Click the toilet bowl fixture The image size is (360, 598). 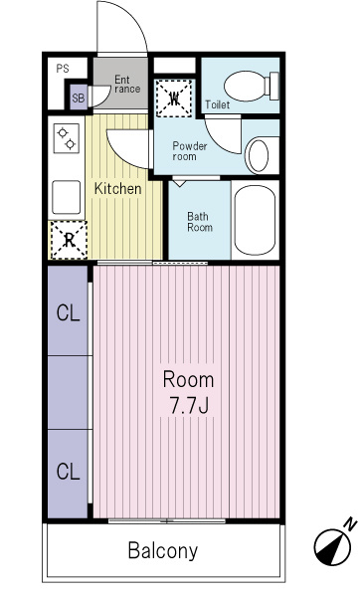pyautogui.click(x=252, y=86)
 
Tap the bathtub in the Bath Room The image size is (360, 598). pyautogui.click(x=255, y=220)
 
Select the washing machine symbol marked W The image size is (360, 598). pyautogui.click(x=174, y=99)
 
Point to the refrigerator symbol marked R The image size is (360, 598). pyautogui.click(x=69, y=240)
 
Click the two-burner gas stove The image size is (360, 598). pyautogui.click(x=67, y=138)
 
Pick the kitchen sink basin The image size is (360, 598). pyautogui.click(x=67, y=197)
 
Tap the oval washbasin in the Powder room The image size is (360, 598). pyautogui.click(x=259, y=155)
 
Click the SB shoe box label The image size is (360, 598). pyautogui.click(x=79, y=98)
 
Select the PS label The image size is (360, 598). pyautogui.click(x=63, y=69)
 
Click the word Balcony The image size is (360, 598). pyautogui.click(x=163, y=550)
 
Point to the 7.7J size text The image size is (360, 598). pyautogui.click(x=189, y=405)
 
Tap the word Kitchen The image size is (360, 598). pyautogui.click(x=117, y=188)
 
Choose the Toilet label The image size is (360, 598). pyautogui.click(x=218, y=104)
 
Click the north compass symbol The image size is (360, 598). pyautogui.click(x=332, y=547)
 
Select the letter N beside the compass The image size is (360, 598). pyautogui.click(x=350, y=524)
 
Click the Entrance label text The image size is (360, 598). pyautogui.click(x=126, y=85)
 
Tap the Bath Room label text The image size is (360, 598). pyautogui.click(x=200, y=222)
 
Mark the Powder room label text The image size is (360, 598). pyautogui.click(x=190, y=151)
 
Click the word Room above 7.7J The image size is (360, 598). pyautogui.click(x=188, y=380)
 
